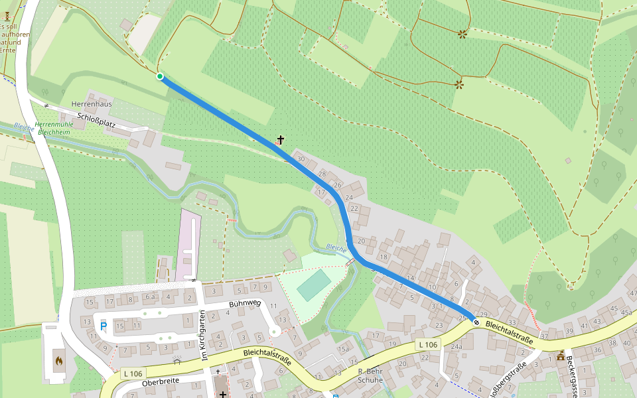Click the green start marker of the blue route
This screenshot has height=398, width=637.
click(160, 77)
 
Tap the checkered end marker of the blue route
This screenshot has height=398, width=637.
click(476, 322)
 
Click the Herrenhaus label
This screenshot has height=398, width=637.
click(92, 104)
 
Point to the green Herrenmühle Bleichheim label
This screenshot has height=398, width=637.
click(55, 128)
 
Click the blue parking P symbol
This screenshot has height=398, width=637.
click(103, 326)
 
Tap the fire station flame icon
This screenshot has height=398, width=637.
click(59, 362)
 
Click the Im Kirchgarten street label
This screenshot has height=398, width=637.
click(203, 336)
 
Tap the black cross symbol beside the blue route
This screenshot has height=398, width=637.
click(281, 139)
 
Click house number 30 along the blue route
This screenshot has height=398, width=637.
click(301, 159)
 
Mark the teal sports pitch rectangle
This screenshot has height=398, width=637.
click(314, 285)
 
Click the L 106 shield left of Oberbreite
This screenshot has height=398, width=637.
click(133, 374)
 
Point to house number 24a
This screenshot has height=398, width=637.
click(456, 347)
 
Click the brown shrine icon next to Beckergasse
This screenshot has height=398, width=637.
click(561, 356)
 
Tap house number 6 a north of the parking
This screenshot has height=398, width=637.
click(151, 297)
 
